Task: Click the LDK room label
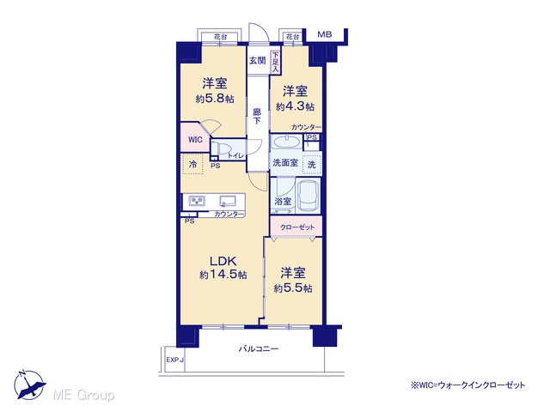223,261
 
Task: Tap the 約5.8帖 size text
215,99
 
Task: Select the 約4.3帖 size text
295,106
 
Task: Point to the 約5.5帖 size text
293,288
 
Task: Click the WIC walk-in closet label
195,140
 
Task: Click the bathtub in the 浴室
309,197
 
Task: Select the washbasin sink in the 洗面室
286,142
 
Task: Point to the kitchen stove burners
197,201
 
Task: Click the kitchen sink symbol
228,201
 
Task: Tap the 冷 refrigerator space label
192,164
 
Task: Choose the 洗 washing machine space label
311,164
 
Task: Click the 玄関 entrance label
257,60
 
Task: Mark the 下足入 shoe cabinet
275,63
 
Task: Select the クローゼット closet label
297,227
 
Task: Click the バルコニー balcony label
259,348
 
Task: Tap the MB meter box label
325,34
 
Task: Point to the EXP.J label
175,360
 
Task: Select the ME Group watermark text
83,395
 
